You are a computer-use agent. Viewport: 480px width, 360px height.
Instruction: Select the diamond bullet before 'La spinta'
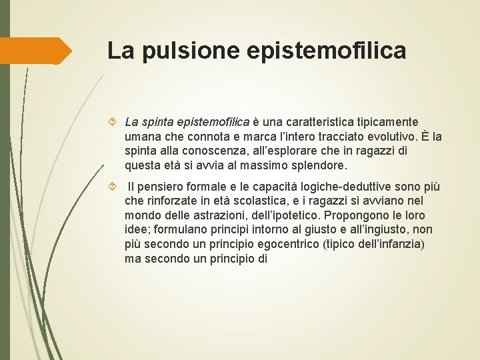[111, 122]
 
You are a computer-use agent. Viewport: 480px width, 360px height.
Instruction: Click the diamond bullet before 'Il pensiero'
[111, 186]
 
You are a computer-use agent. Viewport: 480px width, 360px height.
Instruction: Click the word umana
[141, 137]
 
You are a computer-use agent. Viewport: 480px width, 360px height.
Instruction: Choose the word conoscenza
[211, 151]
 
